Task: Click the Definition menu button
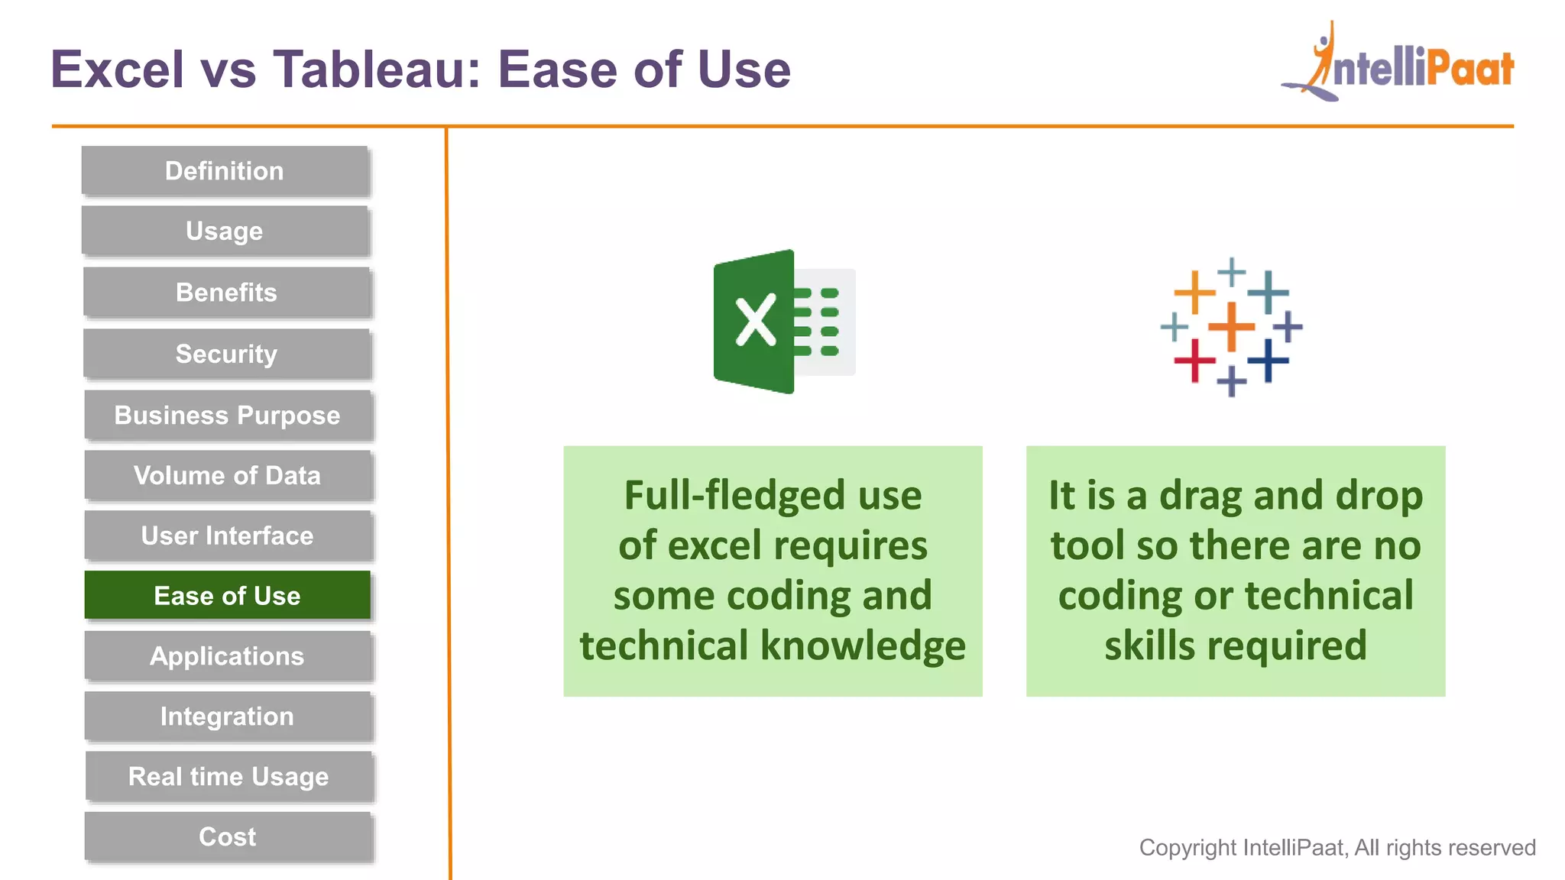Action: (x=225, y=171)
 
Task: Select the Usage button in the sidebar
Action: (x=225, y=231)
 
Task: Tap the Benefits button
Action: (x=226, y=293)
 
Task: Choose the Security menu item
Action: (x=226, y=354)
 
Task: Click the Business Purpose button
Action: (x=227, y=416)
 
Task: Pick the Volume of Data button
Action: (x=227, y=476)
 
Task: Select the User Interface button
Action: (x=227, y=536)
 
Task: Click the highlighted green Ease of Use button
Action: (x=227, y=596)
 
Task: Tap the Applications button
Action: (x=227, y=656)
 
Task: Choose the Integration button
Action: (x=227, y=717)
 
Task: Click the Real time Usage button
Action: (x=228, y=777)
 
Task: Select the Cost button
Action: (x=227, y=837)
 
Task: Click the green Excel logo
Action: (x=782, y=322)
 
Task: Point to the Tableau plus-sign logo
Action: (x=1231, y=327)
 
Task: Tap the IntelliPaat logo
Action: (x=1398, y=65)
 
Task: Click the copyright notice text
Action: (x=1337, y=847)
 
